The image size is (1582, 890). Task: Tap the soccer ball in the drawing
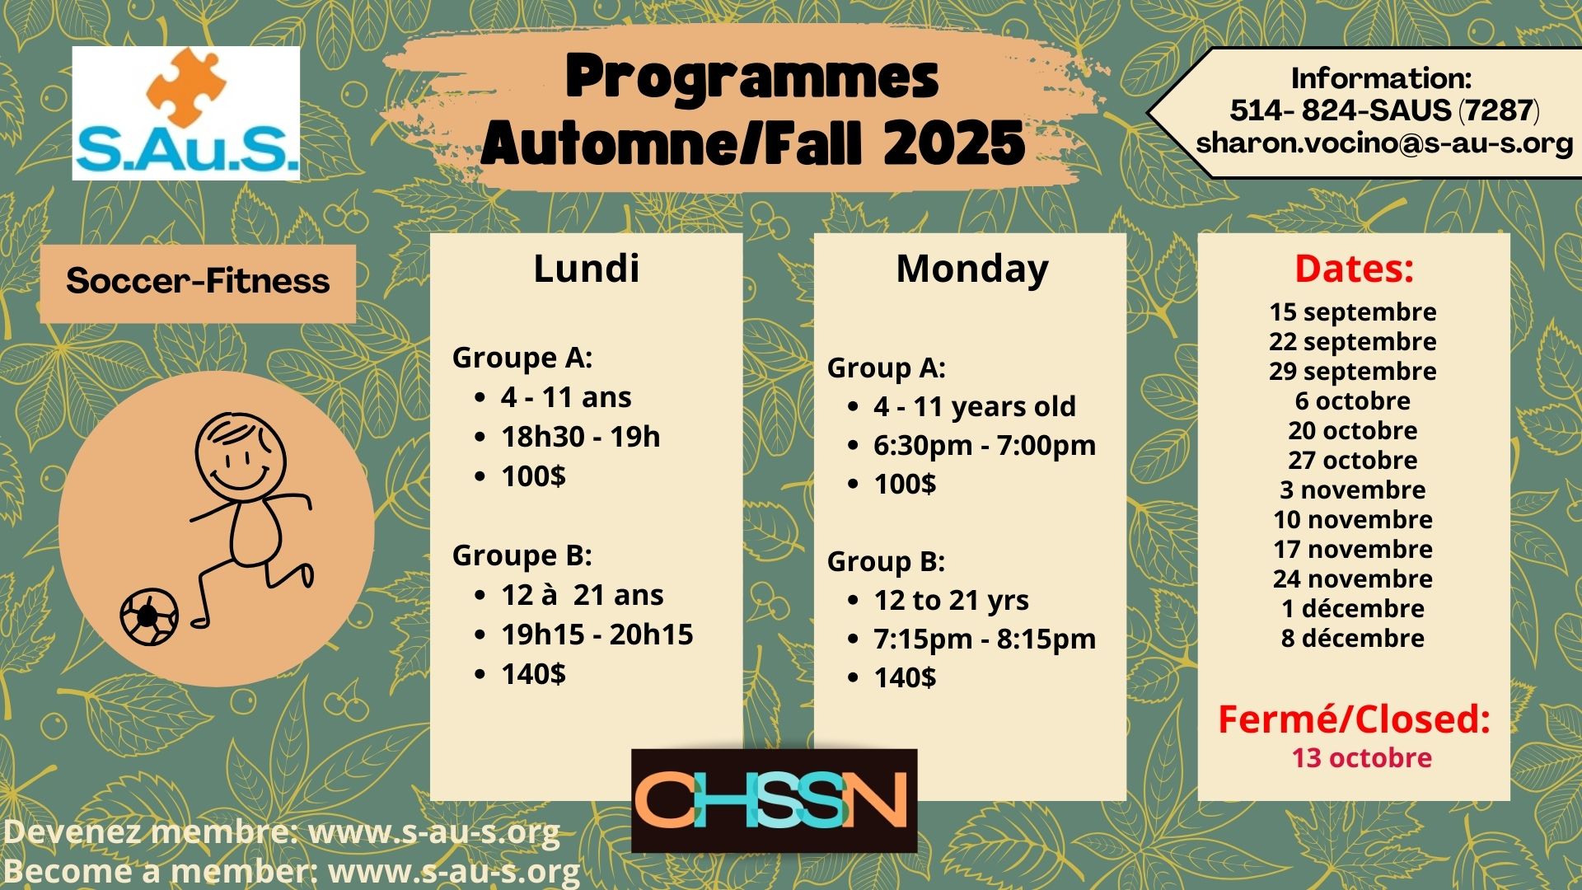click(x=149, y=616)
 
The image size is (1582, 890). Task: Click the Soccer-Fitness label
click(x=198, y=282)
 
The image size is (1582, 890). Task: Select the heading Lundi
click(x=586, y=269)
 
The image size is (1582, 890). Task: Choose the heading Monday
click(x=972, y=269)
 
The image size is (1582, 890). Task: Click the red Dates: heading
click(x=1354, y=269)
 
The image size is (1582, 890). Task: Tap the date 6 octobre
click(x=1352, y=401)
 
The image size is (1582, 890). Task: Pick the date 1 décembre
click(x=1352, y=609)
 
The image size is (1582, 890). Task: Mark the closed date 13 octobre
click(x=1361, y=758)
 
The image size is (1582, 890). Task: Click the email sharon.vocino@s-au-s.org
click(x=1384, y=143)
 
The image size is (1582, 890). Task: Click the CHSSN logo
click(x=774, y=800)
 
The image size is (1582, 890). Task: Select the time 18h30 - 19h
click(x=580, y=437)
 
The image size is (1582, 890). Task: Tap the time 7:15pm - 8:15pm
click(x=985, y=639)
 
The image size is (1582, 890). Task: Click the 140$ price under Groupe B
click(x=533, y=674)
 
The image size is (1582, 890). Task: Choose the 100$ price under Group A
click(x=905, y=484)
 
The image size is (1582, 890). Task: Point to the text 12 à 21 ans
click(x=582, y=595)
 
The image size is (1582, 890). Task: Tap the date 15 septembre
click(x=1352, y=312)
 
